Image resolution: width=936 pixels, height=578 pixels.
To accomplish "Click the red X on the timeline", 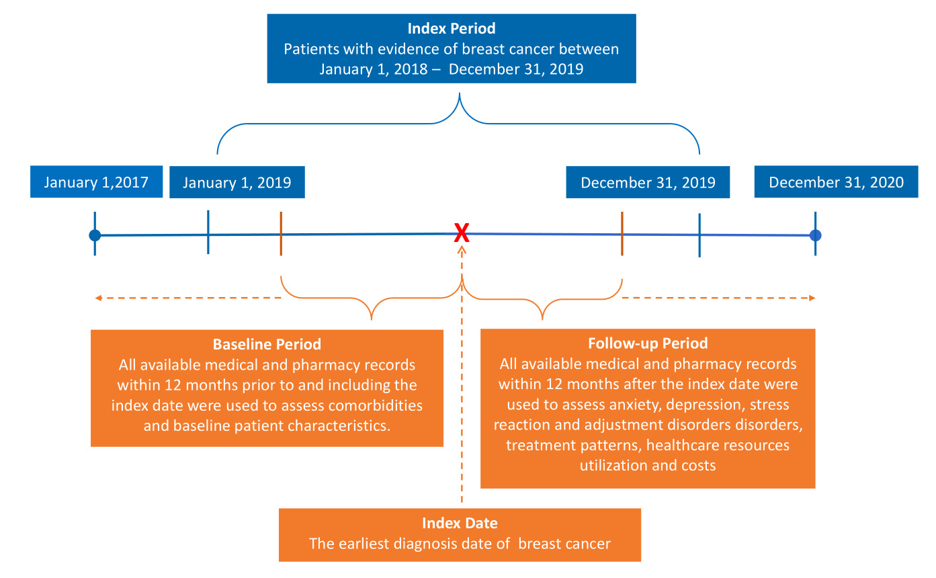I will point(461,233).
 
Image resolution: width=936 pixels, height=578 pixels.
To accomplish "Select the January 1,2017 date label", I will point(96,182).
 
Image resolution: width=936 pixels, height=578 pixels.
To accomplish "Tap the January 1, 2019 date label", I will point(237,182).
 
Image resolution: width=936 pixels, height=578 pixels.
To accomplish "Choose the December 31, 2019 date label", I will point(648,182).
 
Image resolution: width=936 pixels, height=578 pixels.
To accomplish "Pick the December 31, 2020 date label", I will point(836,182).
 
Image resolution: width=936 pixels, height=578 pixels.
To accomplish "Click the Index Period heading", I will point(451,29).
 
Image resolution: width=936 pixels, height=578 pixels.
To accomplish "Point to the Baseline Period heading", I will point(267,345).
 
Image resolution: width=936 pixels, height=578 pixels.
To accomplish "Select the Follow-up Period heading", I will point(647,343).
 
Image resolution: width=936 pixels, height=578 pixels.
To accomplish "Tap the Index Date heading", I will point(460,524).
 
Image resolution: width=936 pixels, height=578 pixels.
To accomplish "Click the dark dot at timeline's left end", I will point(95,235).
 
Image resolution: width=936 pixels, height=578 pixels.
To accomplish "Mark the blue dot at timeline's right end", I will point(815,235).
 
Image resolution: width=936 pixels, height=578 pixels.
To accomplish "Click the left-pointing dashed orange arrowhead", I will point(98,298).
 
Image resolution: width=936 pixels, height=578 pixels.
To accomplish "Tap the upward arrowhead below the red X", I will point(462,249).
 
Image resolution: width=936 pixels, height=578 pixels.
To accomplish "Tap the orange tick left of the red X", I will point(280,234).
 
